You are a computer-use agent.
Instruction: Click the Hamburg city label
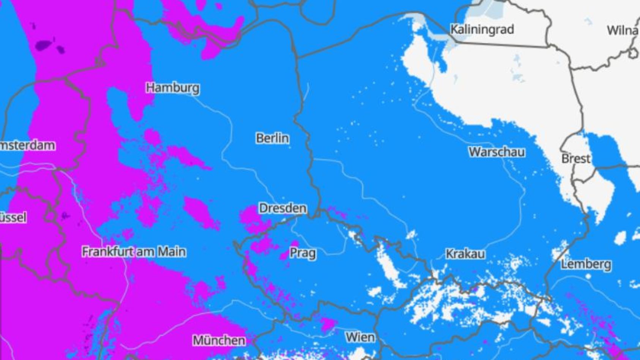pyautogui.click(x=172, y=88)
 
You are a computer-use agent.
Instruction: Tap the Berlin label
pyautogui.click(x=272, y=138)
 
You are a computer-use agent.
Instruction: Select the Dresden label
pyautogui.click(x=282, y=208)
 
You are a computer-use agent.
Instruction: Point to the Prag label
pyautogui.click(x=303, y=253)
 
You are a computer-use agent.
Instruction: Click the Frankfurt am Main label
pyautogui.click(x=134, y=251)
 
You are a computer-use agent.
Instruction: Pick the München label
pyautogui.click(x=219, y=340)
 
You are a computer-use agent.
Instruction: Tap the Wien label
pyautogui.click(x=360, y=337)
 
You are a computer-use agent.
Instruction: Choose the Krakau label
pyautogui.click(x=465, y=254)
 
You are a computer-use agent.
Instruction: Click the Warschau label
pyautogui.click(x=497, y=152)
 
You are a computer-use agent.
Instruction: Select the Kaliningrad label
pyautogui.click(x=482, y=29)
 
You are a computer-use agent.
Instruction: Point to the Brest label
pyautogui.click(x=576, y=158)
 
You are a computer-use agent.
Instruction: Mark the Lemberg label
pyautogui.click(x=586, y=264)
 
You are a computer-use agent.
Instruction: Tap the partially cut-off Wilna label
pyautogui.click(x=623, y=30)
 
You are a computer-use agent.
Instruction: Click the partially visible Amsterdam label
pyautogui.click(x=27, y=145)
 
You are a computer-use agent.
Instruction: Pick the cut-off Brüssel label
pyautogui.click(x=13, y=218)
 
